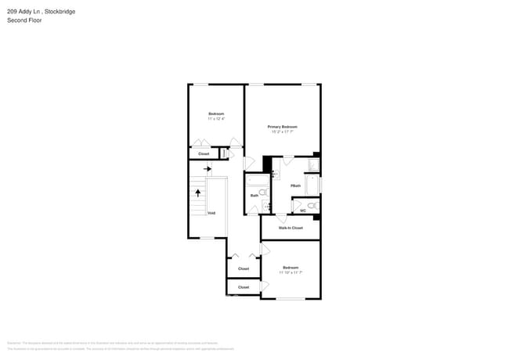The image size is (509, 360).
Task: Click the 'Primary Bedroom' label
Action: click(x=283, y=127)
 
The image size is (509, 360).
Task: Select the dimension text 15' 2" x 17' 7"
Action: click(x=283, y=131)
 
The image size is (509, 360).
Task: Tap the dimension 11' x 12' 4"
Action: click(x=216, y=119)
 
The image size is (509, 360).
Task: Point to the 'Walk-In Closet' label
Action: click(x=291, y=228)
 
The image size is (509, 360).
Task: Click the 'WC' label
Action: click(x=302, y=210)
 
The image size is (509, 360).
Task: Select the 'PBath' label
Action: click(x=295, y=185)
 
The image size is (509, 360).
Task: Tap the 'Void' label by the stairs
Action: click(x=211, y=213)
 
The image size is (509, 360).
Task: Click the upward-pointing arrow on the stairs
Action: click(x=198, y=191)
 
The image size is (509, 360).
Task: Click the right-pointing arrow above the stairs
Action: click(x=208, y=168)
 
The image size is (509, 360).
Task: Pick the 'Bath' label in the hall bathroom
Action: click(x=254, y=196)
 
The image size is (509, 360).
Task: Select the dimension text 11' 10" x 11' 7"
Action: click(x=291, y=272)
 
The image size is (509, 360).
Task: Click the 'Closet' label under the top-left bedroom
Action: click(x=204, y=154)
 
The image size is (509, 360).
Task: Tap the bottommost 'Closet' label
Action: click(x=244, y=287)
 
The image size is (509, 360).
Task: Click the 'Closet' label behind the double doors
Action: click(x=244, y=268)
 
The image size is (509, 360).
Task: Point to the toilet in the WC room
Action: click(x=312, y=206)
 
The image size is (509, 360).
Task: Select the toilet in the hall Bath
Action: click(x=263, y=192)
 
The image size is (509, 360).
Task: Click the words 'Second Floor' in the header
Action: click(x=23, y=20)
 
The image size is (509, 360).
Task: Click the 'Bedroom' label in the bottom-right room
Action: click(x=291, y=268)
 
